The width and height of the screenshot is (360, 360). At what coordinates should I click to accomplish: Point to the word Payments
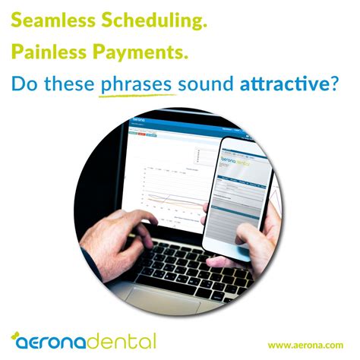coord(144,52)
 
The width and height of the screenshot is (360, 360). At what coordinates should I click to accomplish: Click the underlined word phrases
coord(137,84)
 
